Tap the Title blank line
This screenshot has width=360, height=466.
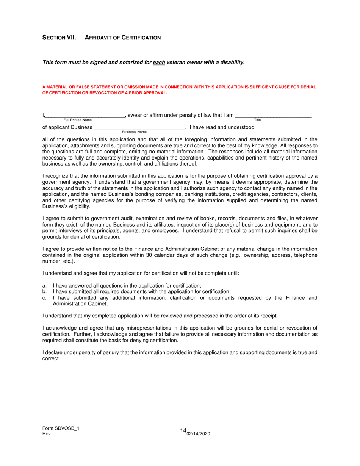pyautogui.click(x=273, y=116)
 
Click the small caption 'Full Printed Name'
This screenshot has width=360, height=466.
pyautogui.click(x=77, y=120)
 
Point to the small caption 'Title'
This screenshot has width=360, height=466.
pyautogui.click(x=257, y=120)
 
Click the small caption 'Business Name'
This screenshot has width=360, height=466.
pyautogui.click(x=134, y=132)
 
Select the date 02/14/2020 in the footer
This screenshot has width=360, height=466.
pyautogui.click(x=198, y=434)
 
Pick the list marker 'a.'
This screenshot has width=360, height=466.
pyautogui.click(x=44, y=285)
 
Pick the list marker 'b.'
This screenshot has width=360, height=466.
pyautogui.click(x=44, y=291)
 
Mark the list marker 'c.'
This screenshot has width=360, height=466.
pyautogui.click(x=44, y=297)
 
